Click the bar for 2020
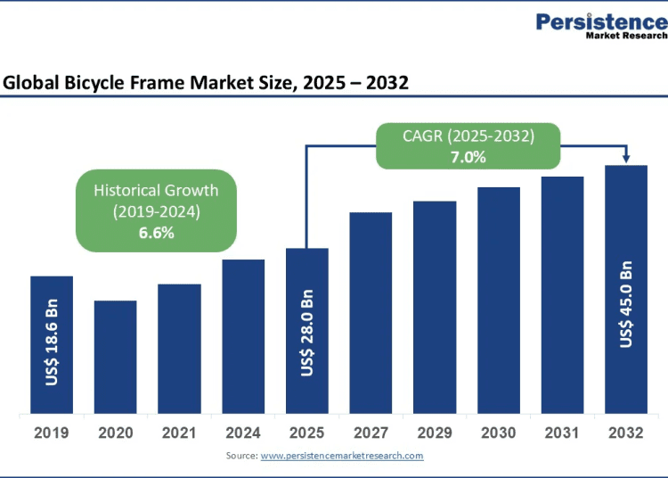coord(116,357)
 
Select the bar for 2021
coord(179,349)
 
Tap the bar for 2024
coord(243,336)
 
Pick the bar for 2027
coord(371,313)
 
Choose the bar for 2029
coord(435,308)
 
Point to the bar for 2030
coord(499,301)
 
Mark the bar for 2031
coord(562,295)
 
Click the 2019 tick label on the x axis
coord(52,433)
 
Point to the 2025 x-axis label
coord(307,433)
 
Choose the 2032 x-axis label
coord(626,433)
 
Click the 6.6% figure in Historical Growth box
coord(156,233)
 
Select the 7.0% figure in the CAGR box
coord(468,157)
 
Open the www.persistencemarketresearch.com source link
coord(342,456)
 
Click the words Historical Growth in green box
coord(156,190)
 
